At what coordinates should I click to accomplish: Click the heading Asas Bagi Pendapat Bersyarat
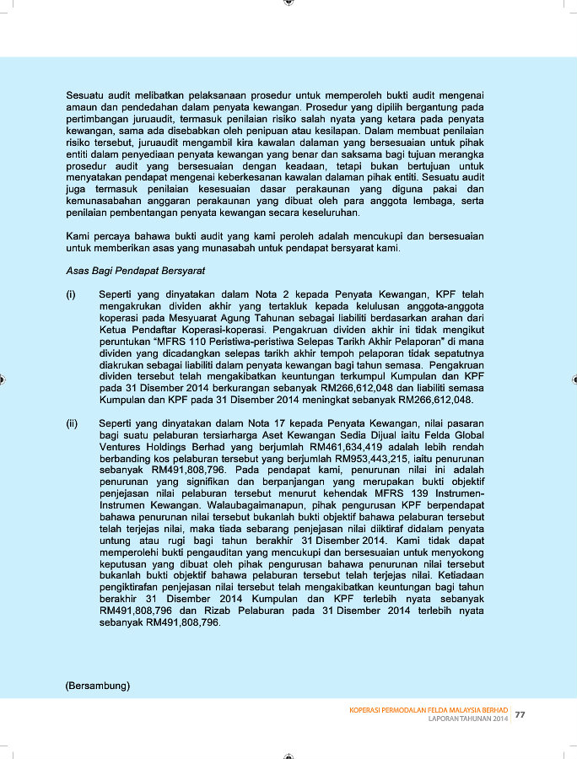(136, 272)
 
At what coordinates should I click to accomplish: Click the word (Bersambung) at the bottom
(98, 686)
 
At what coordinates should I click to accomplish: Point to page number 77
(520, 715)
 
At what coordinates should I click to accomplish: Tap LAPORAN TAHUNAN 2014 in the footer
(468, 720)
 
